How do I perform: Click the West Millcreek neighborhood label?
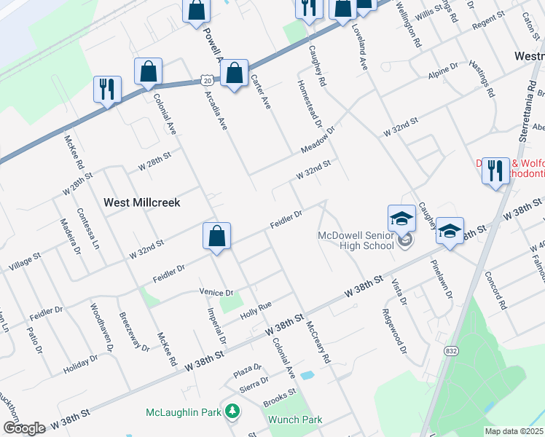pos(141,202)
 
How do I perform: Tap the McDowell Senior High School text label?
pos(356,240)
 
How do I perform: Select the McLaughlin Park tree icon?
pos(232,412)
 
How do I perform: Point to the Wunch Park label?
pos(295,420)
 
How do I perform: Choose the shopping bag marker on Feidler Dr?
pos(216,237)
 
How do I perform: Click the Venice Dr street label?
pos(216,293)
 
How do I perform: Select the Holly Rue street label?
pos(255,309)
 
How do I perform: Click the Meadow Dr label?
pos(318,141)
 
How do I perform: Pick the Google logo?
pos(23,428)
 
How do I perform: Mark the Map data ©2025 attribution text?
pos(514,431)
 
